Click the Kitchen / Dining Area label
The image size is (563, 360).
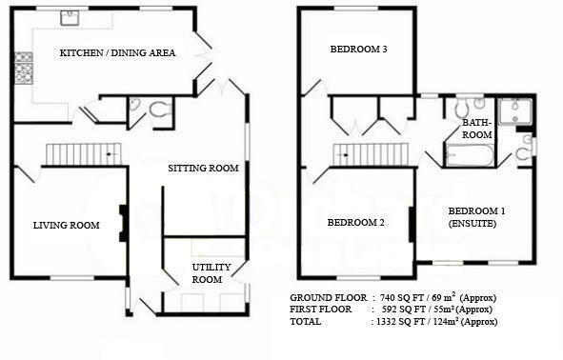tap(117, 52)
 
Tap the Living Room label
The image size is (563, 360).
tap(67, 226)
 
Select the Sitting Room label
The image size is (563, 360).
tap(203, 168)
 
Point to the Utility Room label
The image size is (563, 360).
tap(211, 273)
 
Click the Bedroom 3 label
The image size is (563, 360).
tap(359, 50)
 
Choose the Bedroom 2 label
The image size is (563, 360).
tap(356, 223)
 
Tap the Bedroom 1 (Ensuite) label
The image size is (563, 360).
tap(476, 217)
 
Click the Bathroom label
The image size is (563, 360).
tap(477, 129)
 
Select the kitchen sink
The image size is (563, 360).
tap(70, 17)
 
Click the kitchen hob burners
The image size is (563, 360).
tap(24, 69)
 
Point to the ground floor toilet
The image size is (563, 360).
tap(160, 110)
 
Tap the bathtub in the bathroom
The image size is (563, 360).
tap(469, 155)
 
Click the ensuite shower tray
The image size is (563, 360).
tap(515, 111)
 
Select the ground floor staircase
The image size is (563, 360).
tap(84, 154)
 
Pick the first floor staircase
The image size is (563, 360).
tap(372, 154)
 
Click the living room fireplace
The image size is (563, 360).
tap(123, 223)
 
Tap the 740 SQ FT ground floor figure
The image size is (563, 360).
tap(402, 298)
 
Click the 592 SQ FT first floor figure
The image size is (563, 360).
tap(404, 310)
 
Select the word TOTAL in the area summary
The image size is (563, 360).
tap(306, 322)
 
